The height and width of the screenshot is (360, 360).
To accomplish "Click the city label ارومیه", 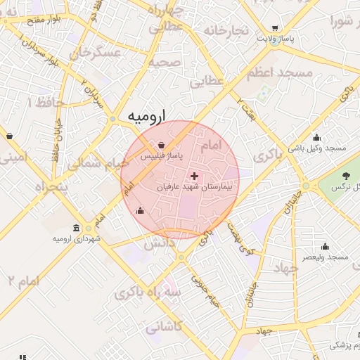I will pyautogui.click(x=147, y=117).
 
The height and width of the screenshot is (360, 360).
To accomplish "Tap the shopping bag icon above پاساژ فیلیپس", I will pyautogui.click(x=162, y=145).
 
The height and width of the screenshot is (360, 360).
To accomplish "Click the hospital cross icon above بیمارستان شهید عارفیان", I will pyautogui.click(x=194, y=175).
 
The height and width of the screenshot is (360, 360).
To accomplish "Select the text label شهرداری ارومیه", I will pyautogui.click(x=77, y=239).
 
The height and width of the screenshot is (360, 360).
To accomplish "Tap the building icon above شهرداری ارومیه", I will pyautogui.click(x=76, y=227).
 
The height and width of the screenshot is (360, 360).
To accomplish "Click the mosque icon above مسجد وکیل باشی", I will pyautogui.click(x=317, y=137).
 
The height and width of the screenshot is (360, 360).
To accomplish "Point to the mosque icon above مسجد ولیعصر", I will pyautogui.click(x=325, y=246).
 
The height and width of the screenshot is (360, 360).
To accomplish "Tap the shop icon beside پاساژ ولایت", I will pyautogui.click(x=274, y=29).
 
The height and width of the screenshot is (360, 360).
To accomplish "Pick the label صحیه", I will pyautogui.click(x=164, y=63).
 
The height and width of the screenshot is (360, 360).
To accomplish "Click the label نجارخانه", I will pyautogui.click(x=226, y=31).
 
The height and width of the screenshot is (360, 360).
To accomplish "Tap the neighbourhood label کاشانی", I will pyautogui.click(x=164, y=327).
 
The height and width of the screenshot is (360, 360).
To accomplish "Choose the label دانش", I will pyautogui.click(x=159, y=244).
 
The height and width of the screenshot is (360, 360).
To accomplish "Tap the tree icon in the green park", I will pyautogui.click(x=345, y=175).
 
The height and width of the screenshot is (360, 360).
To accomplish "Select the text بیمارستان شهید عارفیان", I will pyautogui.click(x=197, y=188).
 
